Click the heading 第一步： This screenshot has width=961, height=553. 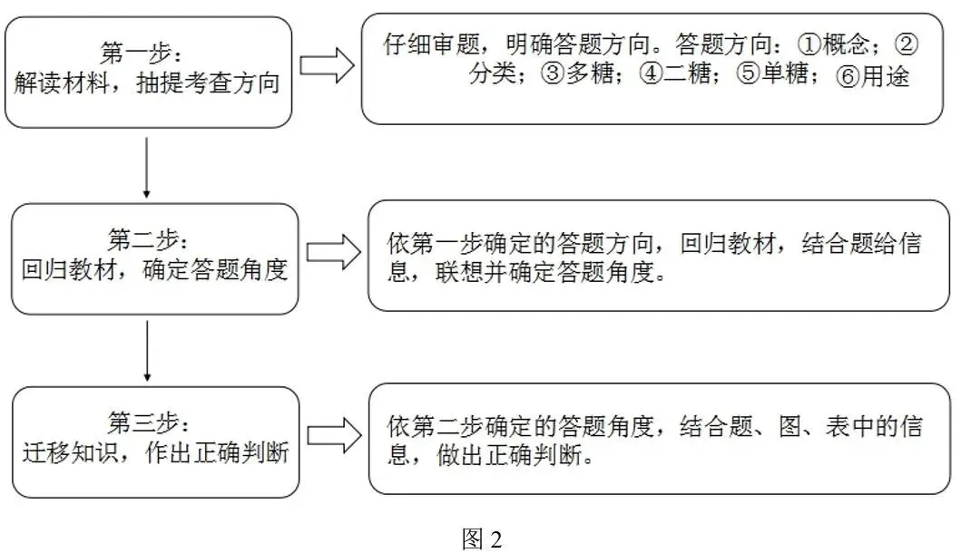pos(142,53)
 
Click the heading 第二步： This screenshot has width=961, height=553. pos(148,239)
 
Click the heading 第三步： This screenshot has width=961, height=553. pos(149,422)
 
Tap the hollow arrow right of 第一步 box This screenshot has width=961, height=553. pos(327,65)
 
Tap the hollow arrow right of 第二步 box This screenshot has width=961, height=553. pos(333,252)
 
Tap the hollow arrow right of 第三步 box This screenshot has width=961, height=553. pos(334,435)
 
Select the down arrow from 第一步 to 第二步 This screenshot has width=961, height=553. pos(146,167)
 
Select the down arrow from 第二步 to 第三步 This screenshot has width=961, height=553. pos(147,351)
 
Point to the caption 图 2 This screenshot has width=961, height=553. pos(482,538)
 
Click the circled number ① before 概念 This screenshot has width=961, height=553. pos(809,44)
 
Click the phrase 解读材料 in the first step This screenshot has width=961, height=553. pos(62,83)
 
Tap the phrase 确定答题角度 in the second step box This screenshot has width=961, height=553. pos(215,269)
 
